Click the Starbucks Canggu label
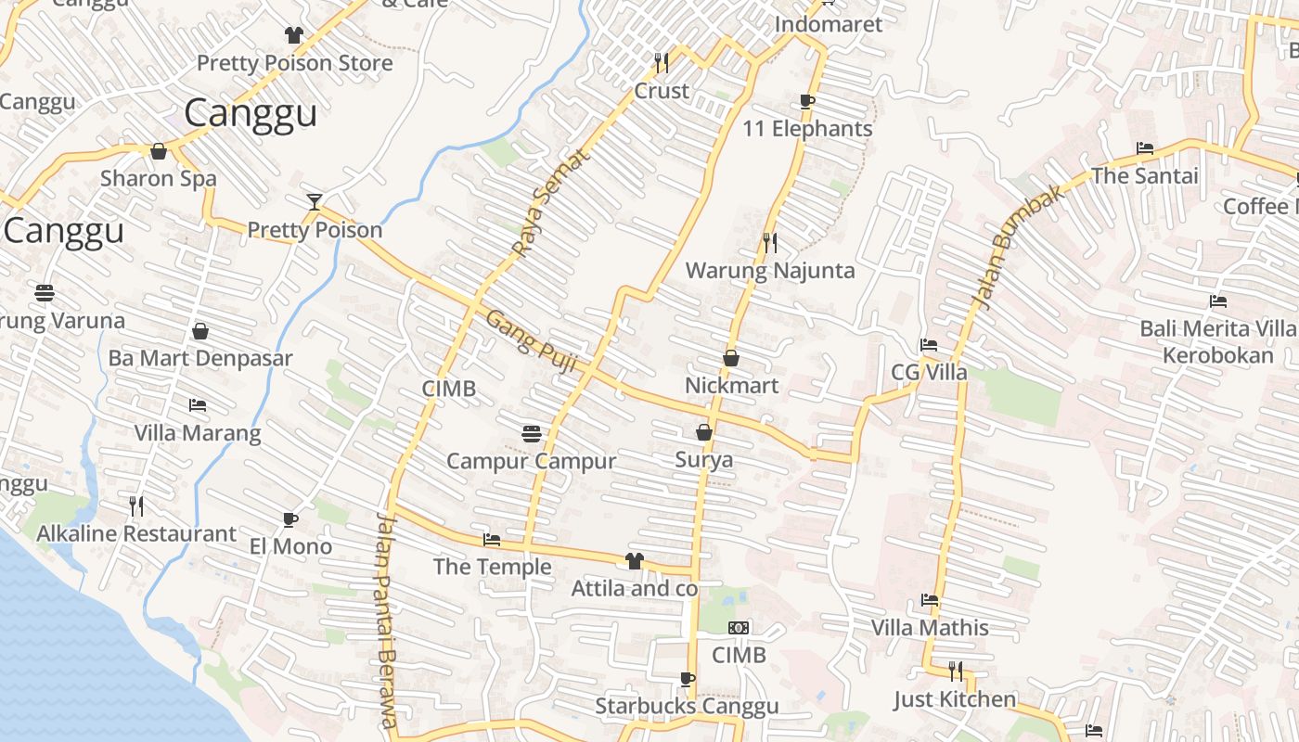[687, 707]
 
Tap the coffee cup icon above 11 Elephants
[806, 101]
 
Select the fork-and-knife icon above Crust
[662, 63]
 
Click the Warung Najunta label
[770, 271]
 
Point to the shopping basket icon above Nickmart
[731, 358]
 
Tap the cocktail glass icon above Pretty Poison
[315, 201]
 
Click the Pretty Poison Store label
[295, 63]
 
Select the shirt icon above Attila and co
[634, 560]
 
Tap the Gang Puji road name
[532, 341]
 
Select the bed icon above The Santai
[1145, 148]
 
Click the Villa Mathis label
[930, 628]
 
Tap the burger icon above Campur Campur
[532, 433]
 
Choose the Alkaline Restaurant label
[136, 534]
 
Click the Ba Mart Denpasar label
[200, 358]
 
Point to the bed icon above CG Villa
[929, 345]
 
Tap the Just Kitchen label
[955, 699]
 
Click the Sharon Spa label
[159, 179]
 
